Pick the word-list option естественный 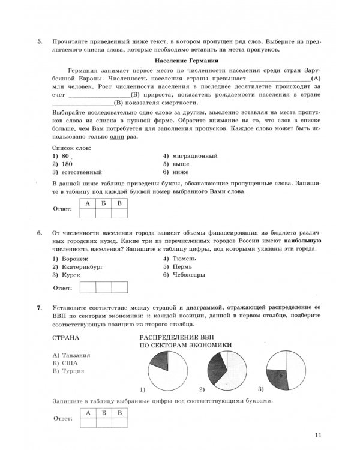[x=78, y=172]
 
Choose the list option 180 [x=65, y=164]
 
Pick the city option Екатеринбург [x=78, y=267]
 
